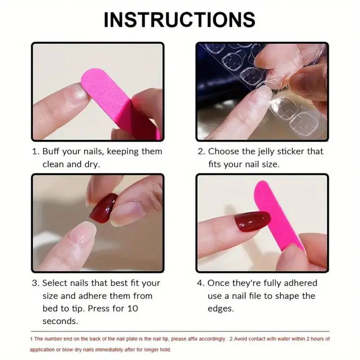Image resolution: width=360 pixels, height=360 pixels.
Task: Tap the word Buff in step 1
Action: coord(52,152)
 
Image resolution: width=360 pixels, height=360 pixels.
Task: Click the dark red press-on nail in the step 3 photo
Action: coord(103,207)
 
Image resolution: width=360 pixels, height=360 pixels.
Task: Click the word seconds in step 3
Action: coord(60,321)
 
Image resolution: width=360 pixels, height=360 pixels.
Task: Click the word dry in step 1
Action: coord(92,164)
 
